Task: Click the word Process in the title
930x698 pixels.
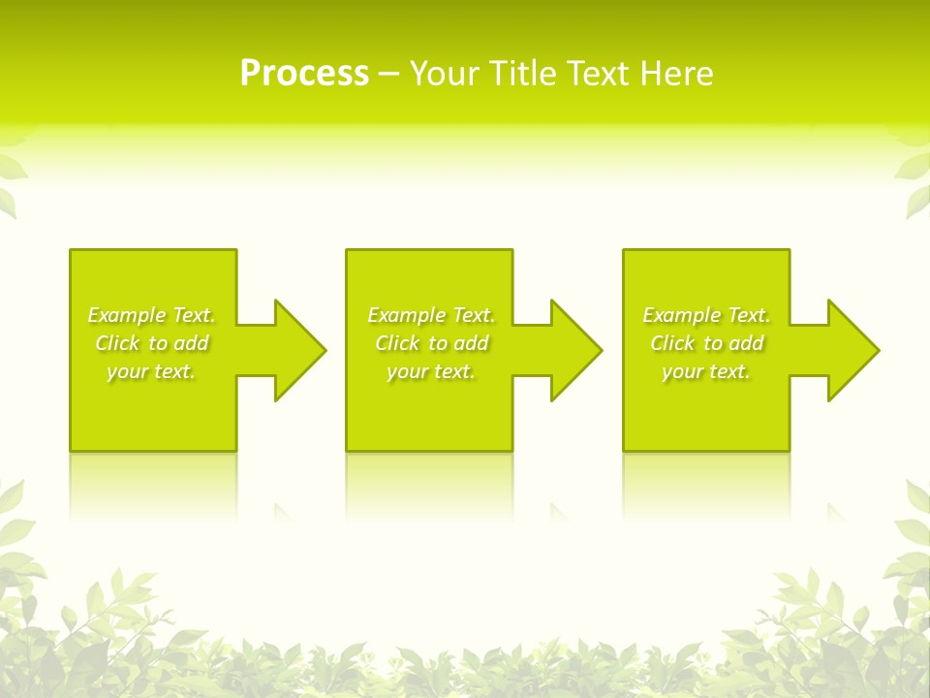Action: (304, 74)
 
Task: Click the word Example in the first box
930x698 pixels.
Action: (127, 315)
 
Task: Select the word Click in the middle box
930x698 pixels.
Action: (397, 343)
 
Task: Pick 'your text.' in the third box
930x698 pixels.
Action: (706, 371)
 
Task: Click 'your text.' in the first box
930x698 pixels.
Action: (151, 371)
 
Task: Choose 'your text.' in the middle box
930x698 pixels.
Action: (431, 371)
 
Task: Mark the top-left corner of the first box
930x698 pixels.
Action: (71, 250)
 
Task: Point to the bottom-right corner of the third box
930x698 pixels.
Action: (789, 450)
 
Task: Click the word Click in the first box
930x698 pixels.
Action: (117, 343)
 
